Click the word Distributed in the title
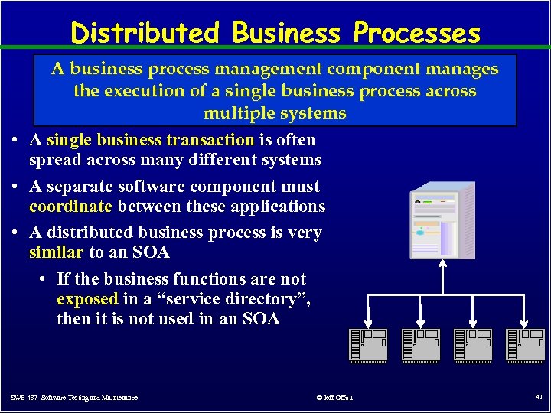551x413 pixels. click(145, 33)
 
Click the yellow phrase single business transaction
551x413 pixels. click(151, 140)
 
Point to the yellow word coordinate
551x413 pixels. click(70, 206)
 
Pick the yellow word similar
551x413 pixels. click(56, 252)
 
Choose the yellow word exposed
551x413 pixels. click(87, 299)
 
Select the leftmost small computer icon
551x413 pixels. click(368, 345)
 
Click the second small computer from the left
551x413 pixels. click(420, 345)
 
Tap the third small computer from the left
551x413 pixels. click(472, 345)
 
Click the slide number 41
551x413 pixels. click(537, 397)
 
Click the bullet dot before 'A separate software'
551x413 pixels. click(16, 187)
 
